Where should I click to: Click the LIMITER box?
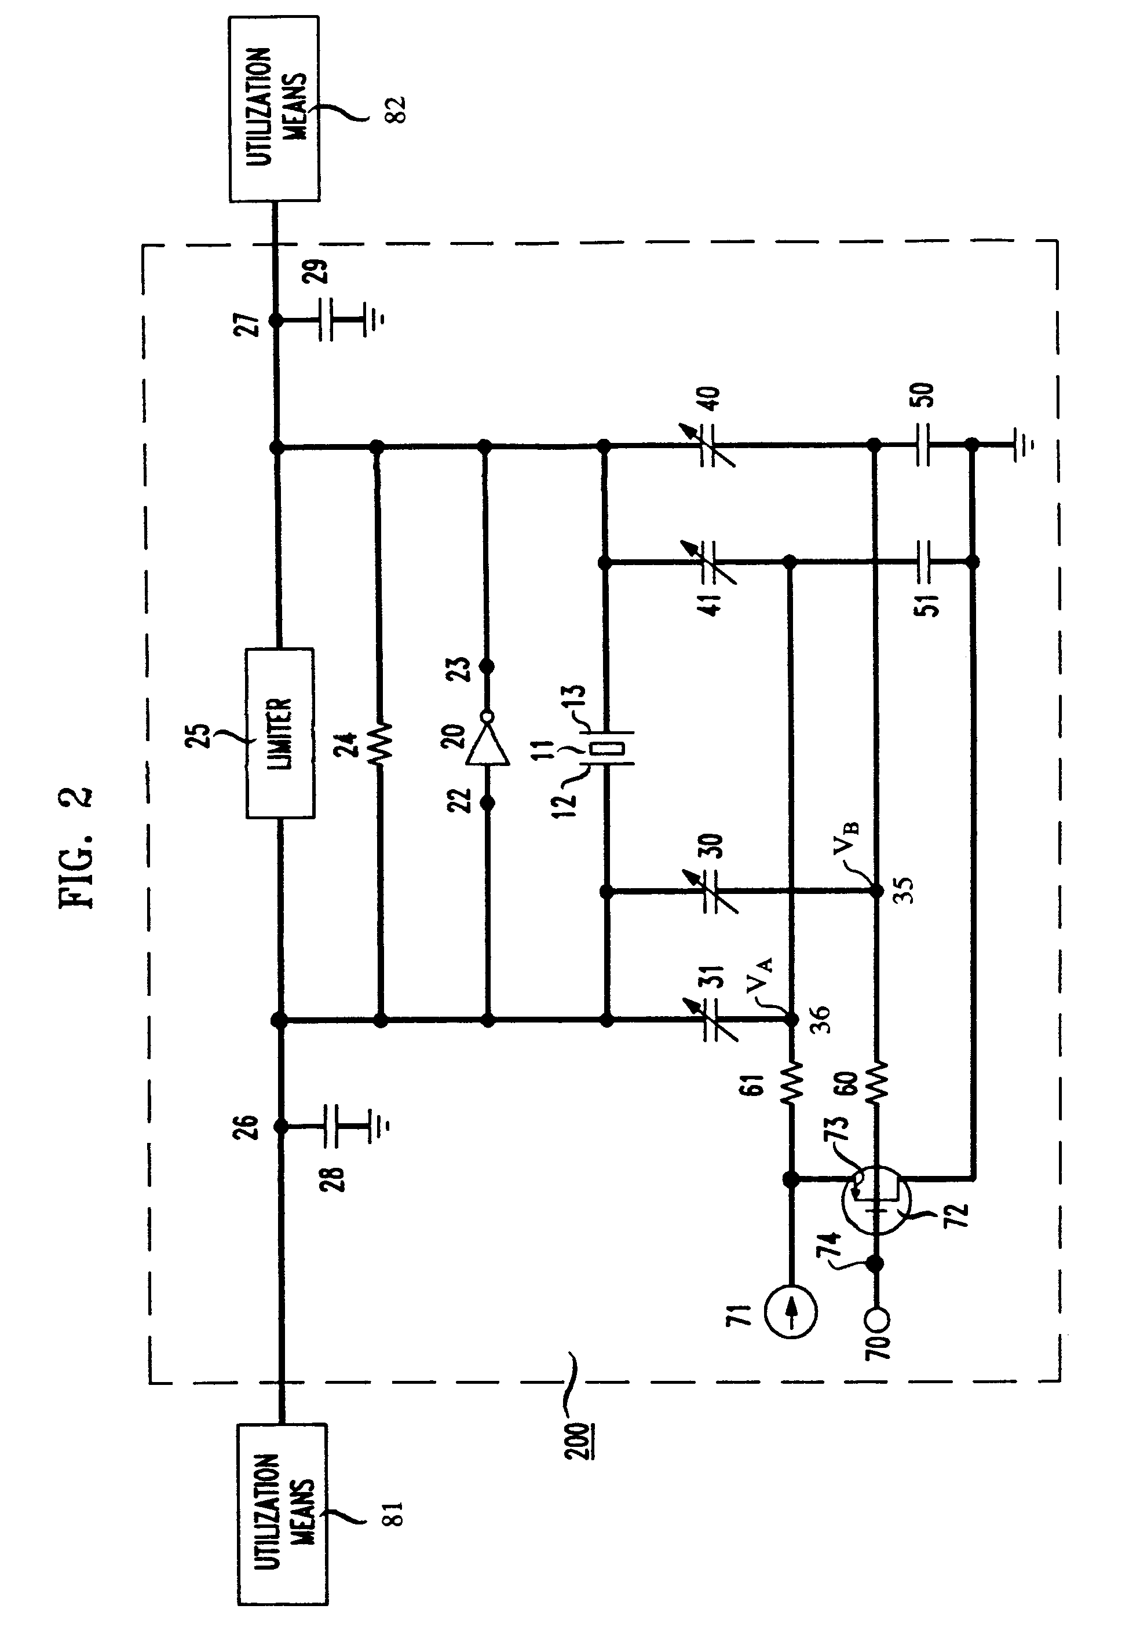tap(280, 732)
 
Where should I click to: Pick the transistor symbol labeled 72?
tap(876, 1206)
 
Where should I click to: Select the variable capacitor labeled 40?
tap(717, 445)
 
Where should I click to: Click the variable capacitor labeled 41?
tap(717, 563)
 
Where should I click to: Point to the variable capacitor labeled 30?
tap(717, 892)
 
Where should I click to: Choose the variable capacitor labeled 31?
tap(717, 1021)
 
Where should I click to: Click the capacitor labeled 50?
tap(923, 445)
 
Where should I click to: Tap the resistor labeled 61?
tap(791, 1086)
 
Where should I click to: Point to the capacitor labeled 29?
tap(332, 321)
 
